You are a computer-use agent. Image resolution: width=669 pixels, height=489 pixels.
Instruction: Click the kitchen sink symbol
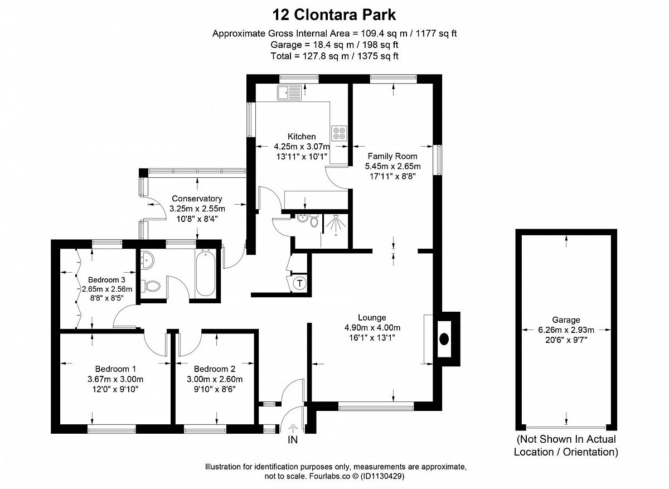click(289, 93)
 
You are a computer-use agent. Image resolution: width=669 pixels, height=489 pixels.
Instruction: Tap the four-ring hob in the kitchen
click(340, 133)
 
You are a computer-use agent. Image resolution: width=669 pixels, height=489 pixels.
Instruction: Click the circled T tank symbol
click(299, 283)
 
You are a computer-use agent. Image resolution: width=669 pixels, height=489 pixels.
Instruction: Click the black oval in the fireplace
click(444, 339)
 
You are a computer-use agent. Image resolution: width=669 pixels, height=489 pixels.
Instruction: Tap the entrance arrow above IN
click(293, 429)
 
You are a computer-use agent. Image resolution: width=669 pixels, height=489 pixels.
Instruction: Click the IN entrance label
click(293, 440)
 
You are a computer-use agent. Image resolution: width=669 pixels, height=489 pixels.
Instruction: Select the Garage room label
click(566, 320)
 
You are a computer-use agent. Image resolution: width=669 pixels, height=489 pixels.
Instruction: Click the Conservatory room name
click(197, 198)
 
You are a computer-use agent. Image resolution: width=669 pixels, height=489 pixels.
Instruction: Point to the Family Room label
click(392, 156)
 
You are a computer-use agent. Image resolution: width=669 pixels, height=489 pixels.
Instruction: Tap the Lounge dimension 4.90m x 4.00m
click(372, 328)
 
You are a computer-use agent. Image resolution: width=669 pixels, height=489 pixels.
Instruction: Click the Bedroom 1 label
click(115, 369)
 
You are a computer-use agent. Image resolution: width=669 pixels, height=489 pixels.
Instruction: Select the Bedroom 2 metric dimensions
click(215, 379)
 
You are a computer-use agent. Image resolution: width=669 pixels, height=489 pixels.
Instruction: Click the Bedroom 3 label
click(106, 280)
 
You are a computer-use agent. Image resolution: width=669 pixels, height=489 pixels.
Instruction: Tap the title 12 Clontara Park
click(334, 14)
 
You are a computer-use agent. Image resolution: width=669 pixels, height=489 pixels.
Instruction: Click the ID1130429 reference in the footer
click(382, 476)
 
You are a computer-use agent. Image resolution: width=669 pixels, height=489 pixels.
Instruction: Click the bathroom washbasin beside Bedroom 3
click(147, 260)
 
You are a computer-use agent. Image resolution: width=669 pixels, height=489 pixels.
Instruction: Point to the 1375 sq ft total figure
click(378, 56)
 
